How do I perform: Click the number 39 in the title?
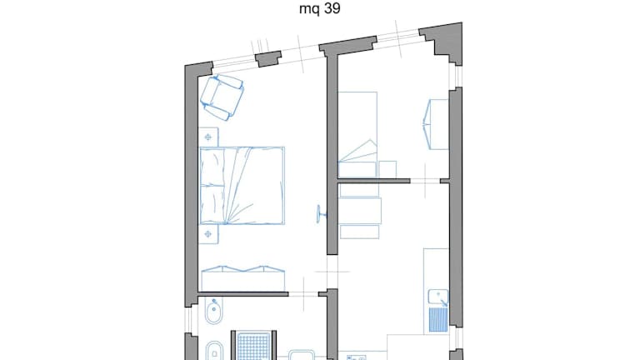coord(333,8)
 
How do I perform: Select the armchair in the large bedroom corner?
coord(222,97)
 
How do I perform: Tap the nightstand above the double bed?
coord(208,137)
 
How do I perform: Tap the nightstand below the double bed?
coord(208,234)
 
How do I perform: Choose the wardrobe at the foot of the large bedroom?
coord(242,278)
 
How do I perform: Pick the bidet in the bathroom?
coord(213,311)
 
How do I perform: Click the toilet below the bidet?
coord(214,352)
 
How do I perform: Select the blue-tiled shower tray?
coord(254,346)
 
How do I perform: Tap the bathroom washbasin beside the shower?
coord(302,355)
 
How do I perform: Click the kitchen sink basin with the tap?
coord(438,297)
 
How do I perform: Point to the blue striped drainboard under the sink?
coord(438,320)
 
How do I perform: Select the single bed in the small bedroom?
coord(357,135)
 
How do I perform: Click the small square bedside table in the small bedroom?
coord(387,169)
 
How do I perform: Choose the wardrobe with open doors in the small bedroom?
coord(436,124)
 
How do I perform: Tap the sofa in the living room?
coord(360,212)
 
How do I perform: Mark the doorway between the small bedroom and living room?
coord(425,181)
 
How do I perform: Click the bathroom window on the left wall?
coord(187,320)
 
